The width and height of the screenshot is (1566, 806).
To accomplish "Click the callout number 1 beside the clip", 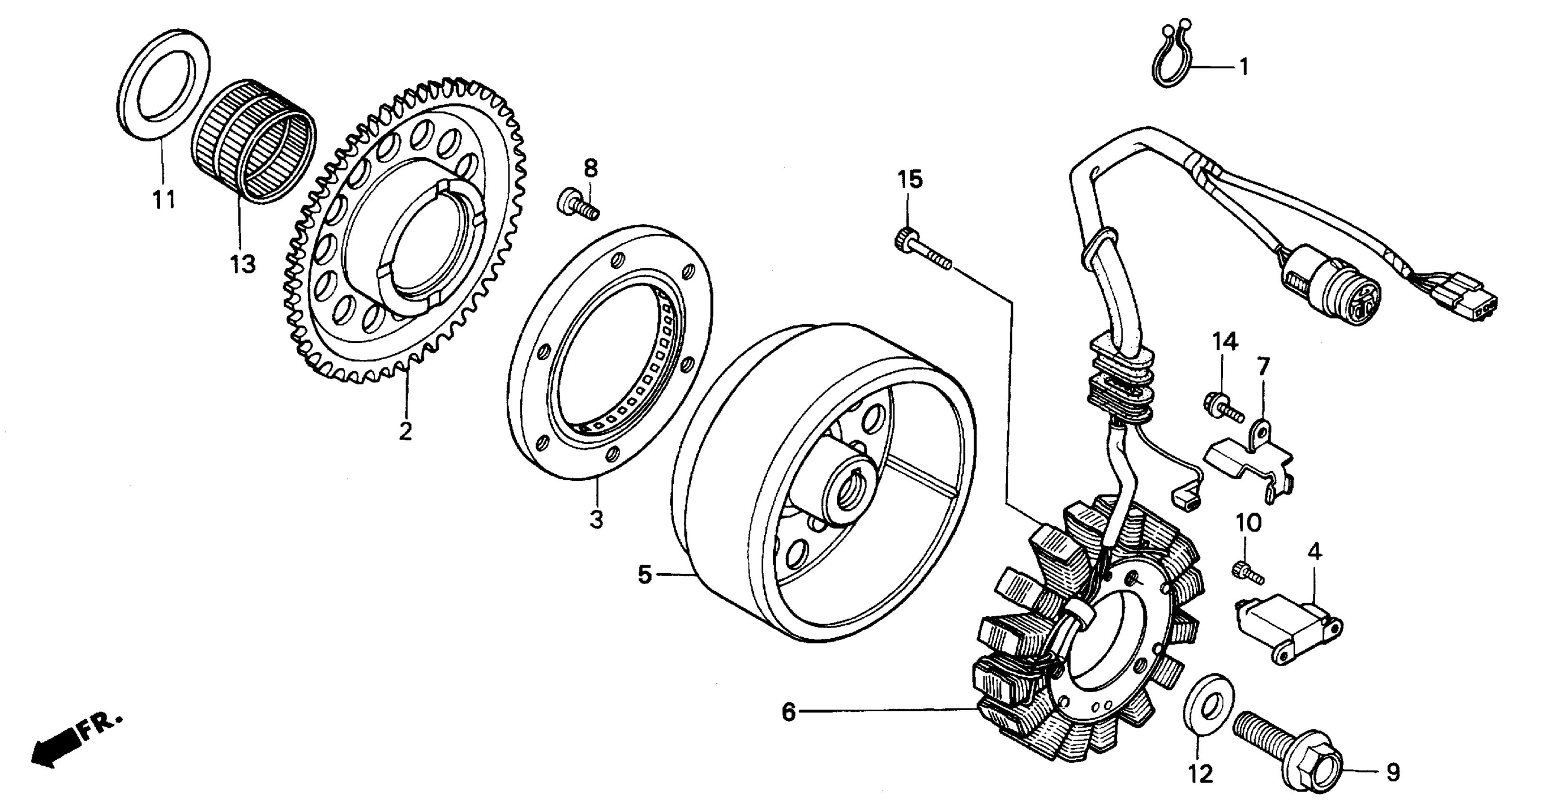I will click(x=1244, y=67).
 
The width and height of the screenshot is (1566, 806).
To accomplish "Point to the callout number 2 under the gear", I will click(x=405, y=431).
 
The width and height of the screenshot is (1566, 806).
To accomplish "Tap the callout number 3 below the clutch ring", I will click(x=596, y=520).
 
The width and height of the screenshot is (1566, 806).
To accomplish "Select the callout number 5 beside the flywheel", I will click(x=645, y=575).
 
